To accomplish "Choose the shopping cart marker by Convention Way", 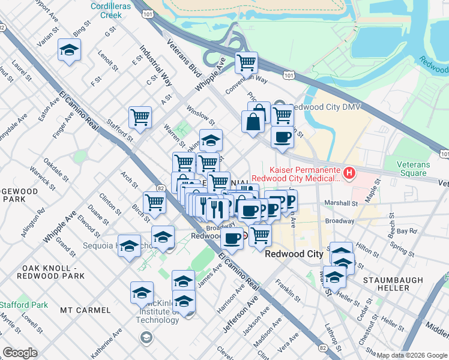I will tap(246, 62).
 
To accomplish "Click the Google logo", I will tap(20, 353).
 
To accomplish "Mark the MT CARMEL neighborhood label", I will tap(85, 310).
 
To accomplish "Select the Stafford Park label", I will tap(23, 305).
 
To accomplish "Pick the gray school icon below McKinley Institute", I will tap(145, 338).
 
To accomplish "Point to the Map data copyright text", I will tap(411, 355).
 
